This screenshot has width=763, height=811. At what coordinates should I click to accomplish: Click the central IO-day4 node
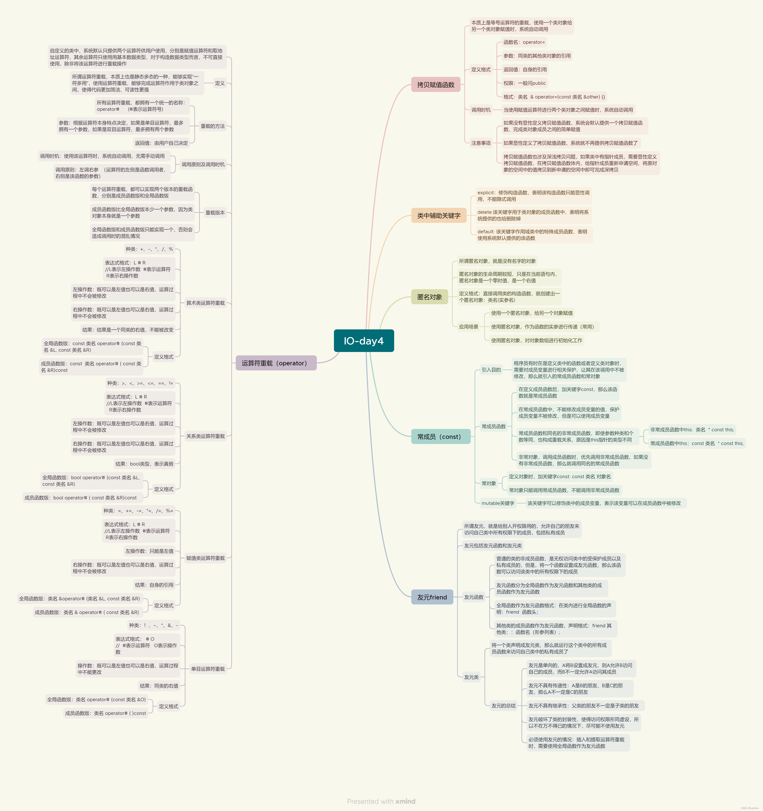pos(364,341)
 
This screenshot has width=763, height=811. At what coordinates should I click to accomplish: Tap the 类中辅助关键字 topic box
pos(439,215)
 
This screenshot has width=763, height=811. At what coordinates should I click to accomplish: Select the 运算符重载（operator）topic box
pos(276,363)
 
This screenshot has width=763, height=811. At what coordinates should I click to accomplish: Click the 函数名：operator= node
pos(524,42)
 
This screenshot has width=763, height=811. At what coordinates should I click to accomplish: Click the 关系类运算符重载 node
pos(205,436)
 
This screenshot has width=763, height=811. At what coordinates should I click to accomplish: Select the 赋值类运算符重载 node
pos(205,558)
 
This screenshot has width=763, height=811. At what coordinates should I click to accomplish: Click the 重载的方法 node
pos(212,126)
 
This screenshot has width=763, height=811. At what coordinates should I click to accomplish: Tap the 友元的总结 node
pos(503,706)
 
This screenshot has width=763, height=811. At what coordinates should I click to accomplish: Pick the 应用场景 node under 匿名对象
pos(468,327)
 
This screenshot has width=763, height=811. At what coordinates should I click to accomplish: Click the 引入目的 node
pos(491,370)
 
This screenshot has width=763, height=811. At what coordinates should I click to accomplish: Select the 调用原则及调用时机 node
pos(203,164)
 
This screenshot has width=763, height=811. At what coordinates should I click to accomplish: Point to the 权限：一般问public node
pos(524,83)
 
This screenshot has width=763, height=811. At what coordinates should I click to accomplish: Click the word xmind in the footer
pos(405,801)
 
